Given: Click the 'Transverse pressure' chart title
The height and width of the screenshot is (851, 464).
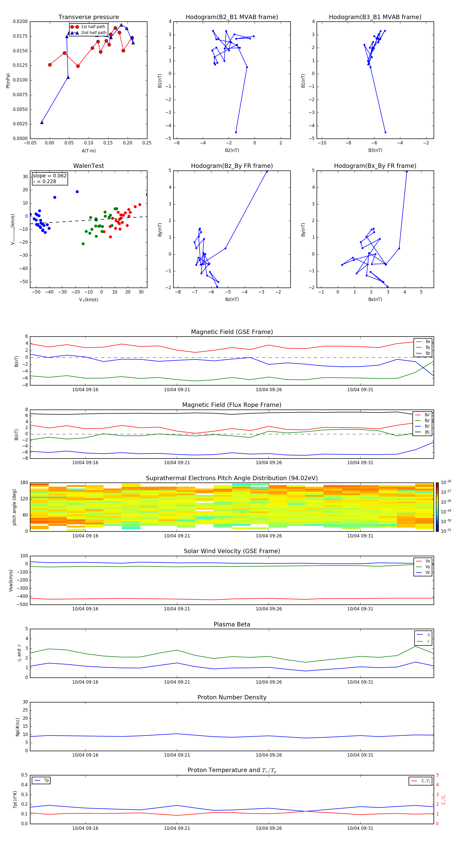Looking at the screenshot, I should (x=88, y=17).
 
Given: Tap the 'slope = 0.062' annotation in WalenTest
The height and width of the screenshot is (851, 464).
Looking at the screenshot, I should (x=49, y=176).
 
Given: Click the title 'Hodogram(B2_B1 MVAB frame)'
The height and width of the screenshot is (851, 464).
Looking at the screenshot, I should (x=231, y=17).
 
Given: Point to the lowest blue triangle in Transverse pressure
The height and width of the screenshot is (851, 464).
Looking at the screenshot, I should (x=42, y=122).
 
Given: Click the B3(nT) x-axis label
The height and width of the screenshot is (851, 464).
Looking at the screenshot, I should (x=375, y=150).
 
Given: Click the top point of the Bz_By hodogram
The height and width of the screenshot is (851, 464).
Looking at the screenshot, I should (x=267, y=171).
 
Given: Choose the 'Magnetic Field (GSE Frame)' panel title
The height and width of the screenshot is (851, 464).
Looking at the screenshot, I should (x=232, y=332).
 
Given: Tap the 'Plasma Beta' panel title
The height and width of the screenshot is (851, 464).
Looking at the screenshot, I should (x=232, y=624).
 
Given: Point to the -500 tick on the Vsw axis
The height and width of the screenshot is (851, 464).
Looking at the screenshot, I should (x=23, y=604).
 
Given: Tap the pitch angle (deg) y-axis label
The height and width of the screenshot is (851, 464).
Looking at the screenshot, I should (x=14, y=507).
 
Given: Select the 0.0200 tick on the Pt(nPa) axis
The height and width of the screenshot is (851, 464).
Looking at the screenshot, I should (x=20, y=21).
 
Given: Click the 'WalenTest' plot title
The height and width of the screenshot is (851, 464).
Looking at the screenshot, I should (x=88, y=166).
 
